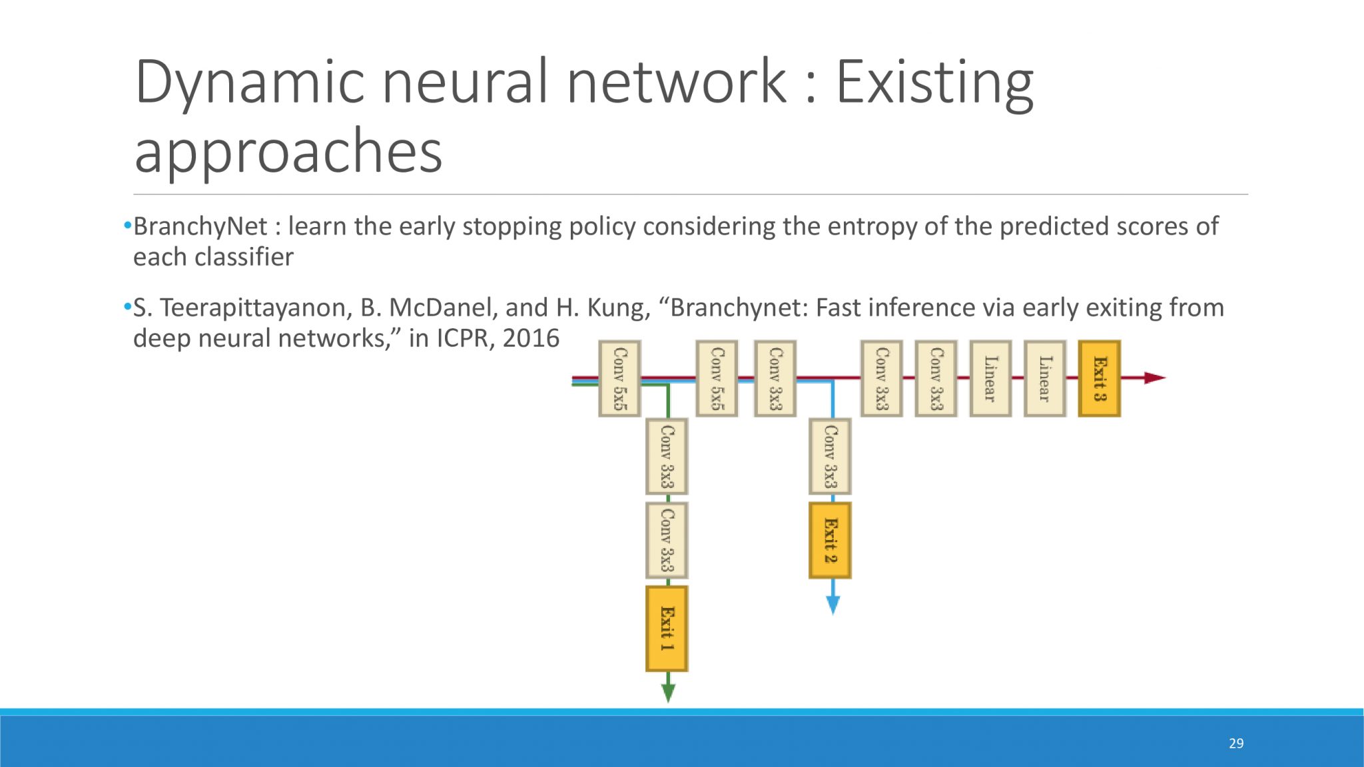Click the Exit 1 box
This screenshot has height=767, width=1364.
[667, 629]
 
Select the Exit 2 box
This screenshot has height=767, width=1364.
[830, 540]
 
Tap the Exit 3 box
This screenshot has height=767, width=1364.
[1100, 379]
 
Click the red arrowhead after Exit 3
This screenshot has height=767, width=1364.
[1155, 378]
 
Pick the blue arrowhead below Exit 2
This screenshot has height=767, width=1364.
[833, 605]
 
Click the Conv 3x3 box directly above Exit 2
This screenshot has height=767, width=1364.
[830, 457]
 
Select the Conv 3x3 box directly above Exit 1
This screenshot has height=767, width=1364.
[667, 540]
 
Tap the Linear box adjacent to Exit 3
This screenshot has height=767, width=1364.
[1045, 379]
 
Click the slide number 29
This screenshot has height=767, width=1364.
[1236, 743]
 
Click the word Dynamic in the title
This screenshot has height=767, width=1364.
[250, 83]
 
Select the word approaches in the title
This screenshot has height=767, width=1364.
[288, 152]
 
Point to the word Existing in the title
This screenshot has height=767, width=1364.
[935, 83]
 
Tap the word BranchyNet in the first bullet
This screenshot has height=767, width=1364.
[200, 227]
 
